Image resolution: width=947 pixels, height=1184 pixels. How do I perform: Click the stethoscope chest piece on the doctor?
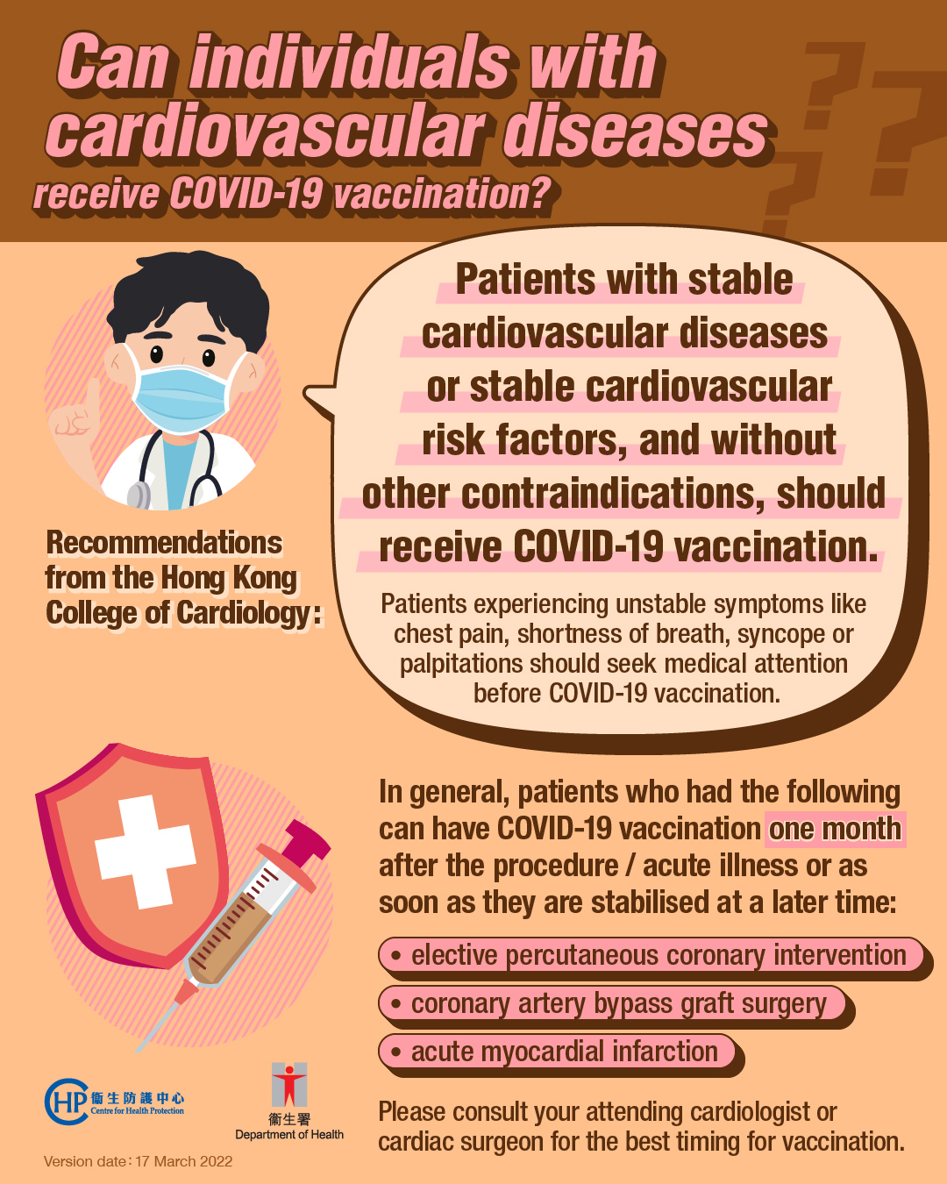139,495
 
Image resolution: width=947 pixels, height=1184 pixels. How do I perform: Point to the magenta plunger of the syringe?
303,845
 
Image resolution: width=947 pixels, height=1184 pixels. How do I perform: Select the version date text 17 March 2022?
184,1161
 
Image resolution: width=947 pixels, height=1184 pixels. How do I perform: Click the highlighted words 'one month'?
835,829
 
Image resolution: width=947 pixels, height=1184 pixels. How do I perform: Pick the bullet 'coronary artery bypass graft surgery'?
612,1003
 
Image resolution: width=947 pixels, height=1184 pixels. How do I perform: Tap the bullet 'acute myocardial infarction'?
557,1052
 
